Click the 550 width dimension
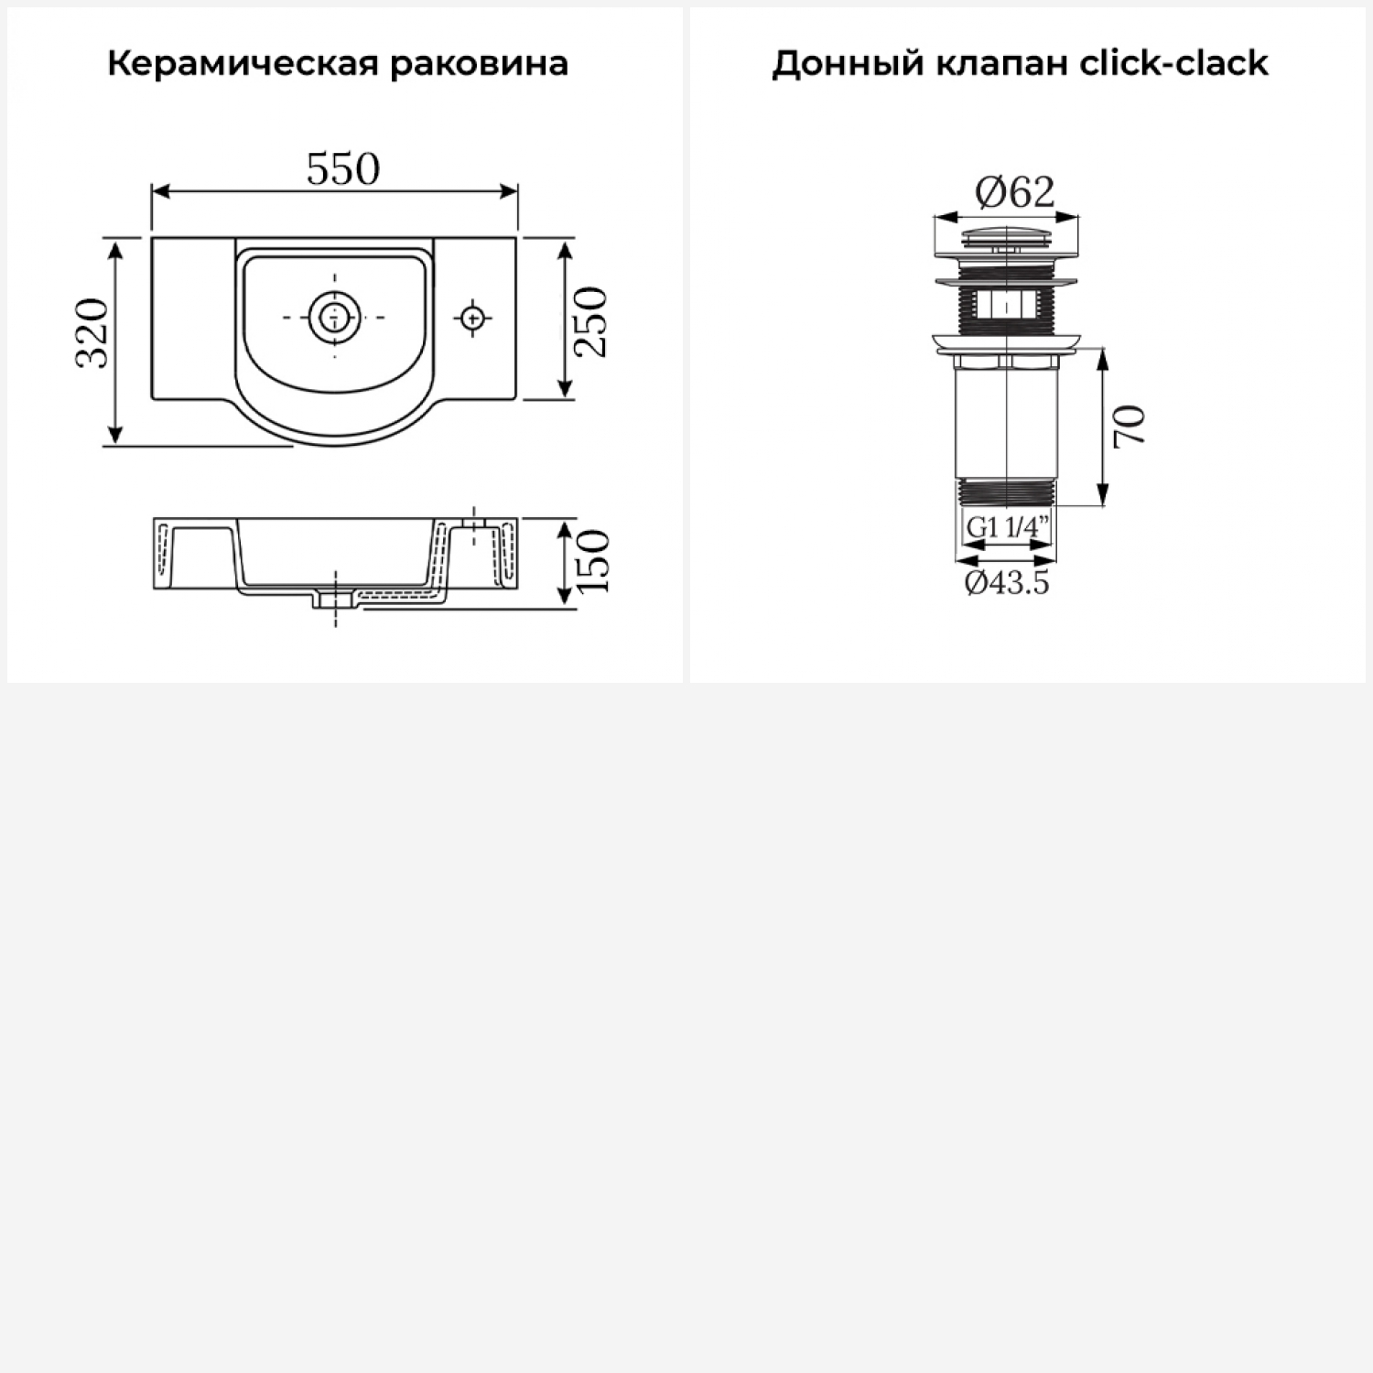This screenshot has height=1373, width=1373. [342, 169]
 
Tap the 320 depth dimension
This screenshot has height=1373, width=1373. [92, 332]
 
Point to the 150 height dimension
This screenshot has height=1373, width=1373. [592, 560]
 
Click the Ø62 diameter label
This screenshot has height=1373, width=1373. [1014, 192]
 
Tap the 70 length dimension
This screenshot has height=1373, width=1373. [1130, 427]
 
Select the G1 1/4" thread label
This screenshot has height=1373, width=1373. [1007, 527]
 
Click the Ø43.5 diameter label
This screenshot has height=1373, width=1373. [1007, 582]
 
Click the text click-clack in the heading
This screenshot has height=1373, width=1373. [1174, 64]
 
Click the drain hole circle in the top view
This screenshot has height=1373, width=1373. [334, 317]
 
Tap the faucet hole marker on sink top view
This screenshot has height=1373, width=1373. [472, 318]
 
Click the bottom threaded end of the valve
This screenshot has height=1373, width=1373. [1007, 492]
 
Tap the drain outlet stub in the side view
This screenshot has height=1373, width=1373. [336, 600]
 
